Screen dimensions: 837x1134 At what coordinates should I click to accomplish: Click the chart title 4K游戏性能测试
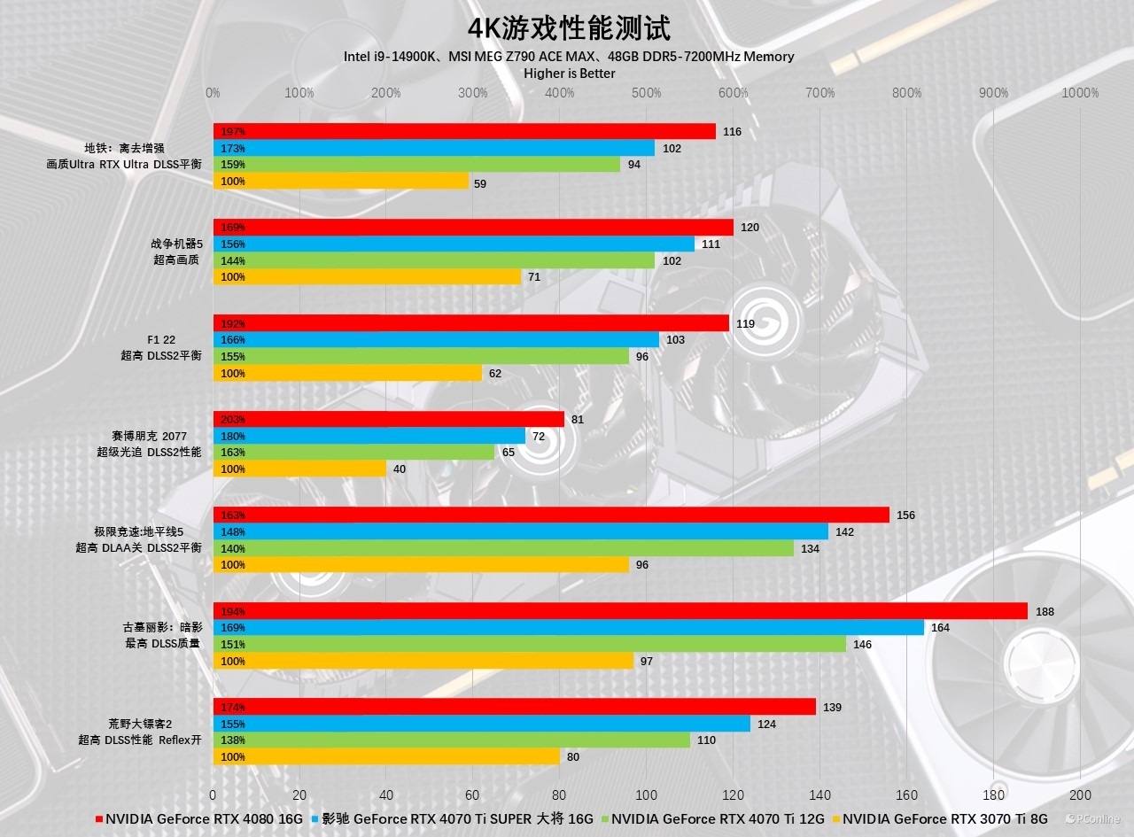tap(569, 27)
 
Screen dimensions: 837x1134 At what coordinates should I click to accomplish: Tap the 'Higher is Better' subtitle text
tap(569, 74)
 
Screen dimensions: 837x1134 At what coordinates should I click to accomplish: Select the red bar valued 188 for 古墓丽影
tap(620, 611)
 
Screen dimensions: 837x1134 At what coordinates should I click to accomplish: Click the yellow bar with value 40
tap(299, 469)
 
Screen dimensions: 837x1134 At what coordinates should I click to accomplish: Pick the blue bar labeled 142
tap(521, 531)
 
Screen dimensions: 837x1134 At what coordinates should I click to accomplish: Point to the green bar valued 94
tap(416, 164)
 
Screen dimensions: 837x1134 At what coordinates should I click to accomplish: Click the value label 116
tap(732, 132)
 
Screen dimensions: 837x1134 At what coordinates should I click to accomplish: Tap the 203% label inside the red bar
tap(233, 420)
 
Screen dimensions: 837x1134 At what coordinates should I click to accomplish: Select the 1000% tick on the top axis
tap(1080, 93)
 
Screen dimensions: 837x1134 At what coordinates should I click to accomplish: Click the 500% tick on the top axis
tap(647, 93)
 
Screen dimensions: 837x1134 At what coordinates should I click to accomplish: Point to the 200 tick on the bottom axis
tap(1080, 795)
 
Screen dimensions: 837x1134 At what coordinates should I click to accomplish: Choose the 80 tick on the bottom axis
tap(560, 795)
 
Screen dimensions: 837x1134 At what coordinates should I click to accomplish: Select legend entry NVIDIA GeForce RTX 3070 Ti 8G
tap(944, 819)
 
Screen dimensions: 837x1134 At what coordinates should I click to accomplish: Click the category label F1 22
tap(161, 340)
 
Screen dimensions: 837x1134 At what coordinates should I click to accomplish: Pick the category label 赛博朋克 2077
tap(149, 436)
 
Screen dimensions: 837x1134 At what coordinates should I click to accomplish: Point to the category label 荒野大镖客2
tap(140, 724)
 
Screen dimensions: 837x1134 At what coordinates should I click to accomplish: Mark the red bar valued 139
tap(514, 707)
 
